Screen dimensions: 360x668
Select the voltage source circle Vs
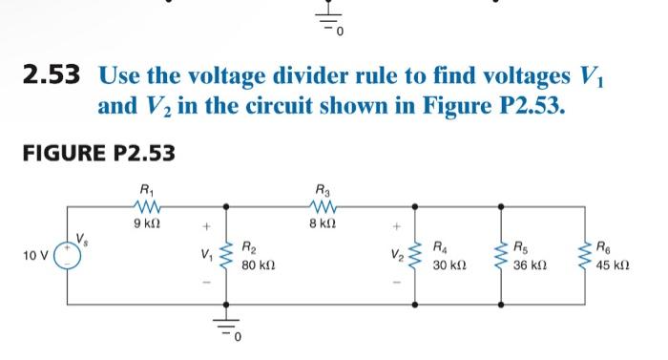click(x=66, y=255)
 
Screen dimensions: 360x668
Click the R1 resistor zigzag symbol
click(x=146, y=204)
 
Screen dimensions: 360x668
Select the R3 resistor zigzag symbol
click(x=321, y=204)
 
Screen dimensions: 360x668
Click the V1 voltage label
click(x=203, y=255)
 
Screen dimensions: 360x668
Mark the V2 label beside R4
click(x=392, y=255)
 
